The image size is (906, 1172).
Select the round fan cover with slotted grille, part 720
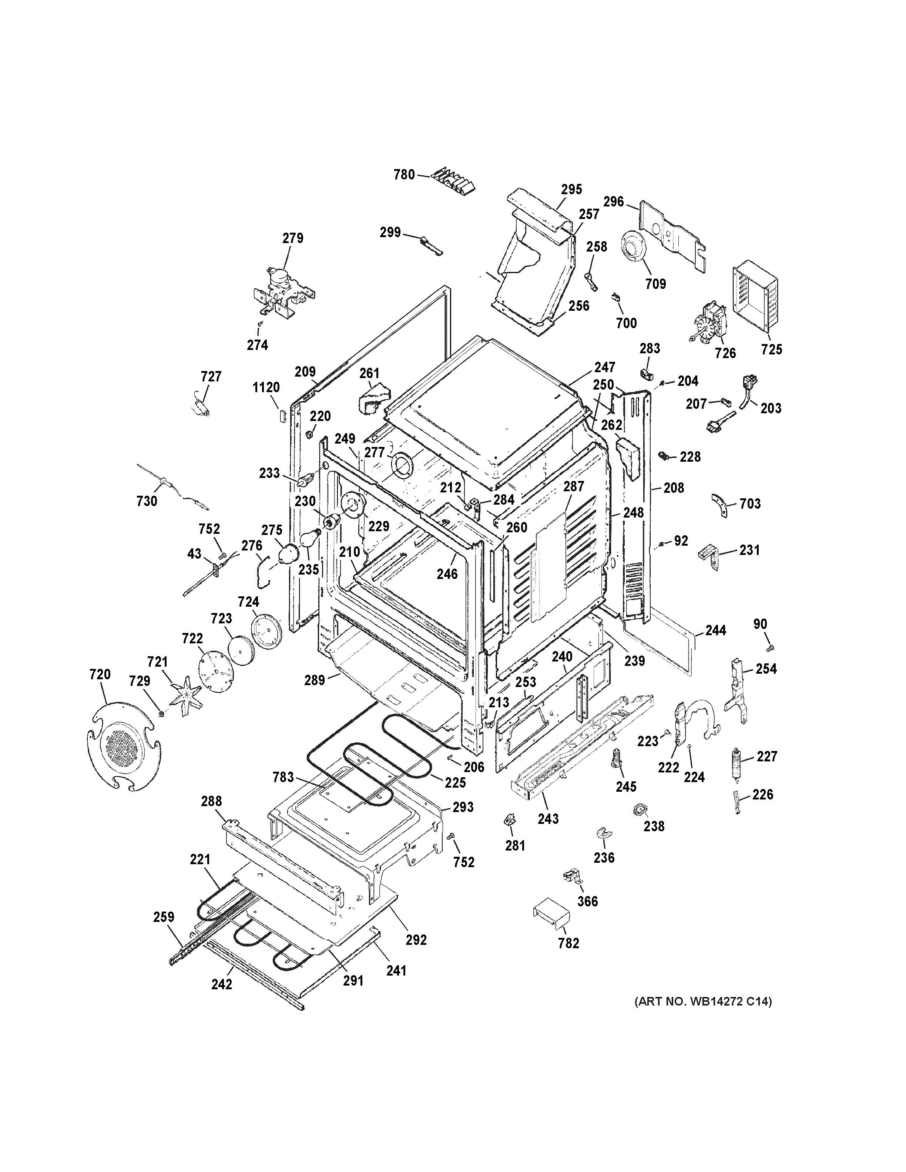click(x=124, y=747)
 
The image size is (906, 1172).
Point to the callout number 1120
click(x=266, y=387)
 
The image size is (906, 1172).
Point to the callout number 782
click(x=569, y=943)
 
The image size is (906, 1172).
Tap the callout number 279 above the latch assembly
click(x=293, y=238)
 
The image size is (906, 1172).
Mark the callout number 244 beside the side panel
click(x=715, y=630)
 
